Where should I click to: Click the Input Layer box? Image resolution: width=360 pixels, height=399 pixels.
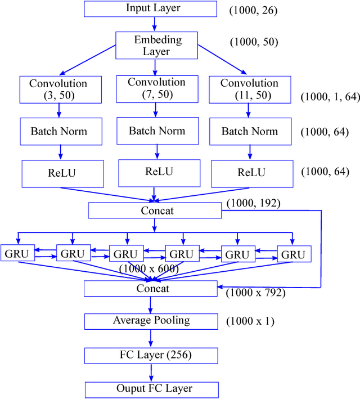150,8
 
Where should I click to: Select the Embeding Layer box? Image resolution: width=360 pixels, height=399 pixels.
156,46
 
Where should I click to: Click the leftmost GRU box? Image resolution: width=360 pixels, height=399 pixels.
17,254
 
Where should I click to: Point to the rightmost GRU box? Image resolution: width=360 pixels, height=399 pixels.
293,254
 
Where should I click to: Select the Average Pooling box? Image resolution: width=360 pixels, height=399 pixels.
151,321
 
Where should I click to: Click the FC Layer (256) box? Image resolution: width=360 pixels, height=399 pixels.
151,355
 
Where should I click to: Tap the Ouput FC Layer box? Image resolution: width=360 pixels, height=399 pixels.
151,389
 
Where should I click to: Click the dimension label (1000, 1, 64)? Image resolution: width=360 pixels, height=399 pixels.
330,97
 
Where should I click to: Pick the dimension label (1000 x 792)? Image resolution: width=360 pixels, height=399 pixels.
255,293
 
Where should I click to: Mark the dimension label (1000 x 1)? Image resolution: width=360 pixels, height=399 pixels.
250,322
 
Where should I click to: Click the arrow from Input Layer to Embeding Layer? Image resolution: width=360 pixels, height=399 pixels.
154,24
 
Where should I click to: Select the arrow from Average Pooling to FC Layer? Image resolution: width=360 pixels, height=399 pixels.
151,338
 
